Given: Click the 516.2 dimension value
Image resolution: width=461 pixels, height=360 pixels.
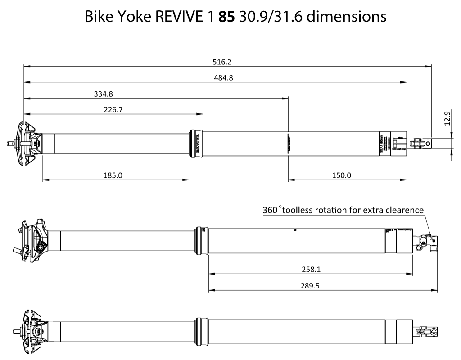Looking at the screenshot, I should point(225,62).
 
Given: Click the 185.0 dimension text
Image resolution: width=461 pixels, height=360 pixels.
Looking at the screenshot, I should point(113,175).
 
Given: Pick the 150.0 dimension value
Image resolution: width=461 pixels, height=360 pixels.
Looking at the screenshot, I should point(342,175).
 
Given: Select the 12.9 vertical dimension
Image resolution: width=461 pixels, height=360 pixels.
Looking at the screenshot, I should point(447,119).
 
